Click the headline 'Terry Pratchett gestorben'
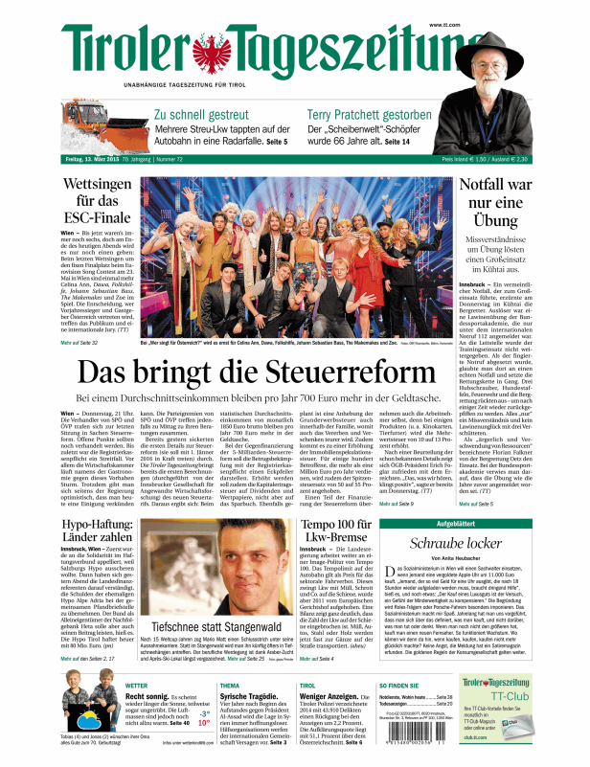tap(375, 114)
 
